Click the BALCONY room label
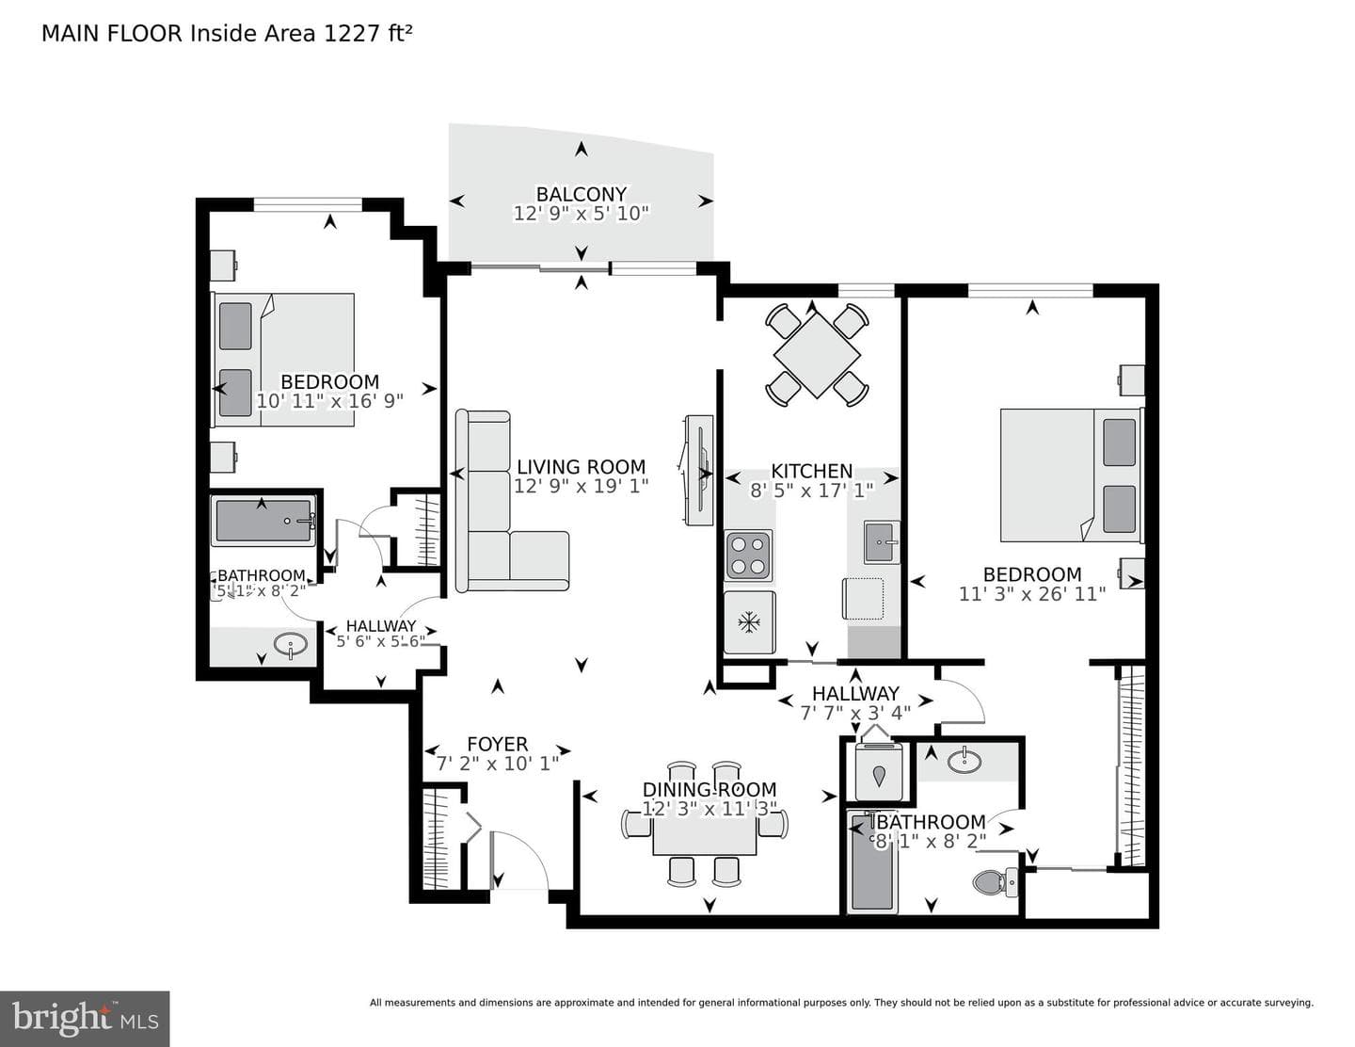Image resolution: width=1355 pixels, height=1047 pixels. pos(582,194)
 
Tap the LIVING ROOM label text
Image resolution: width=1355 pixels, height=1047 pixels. pos(582,467)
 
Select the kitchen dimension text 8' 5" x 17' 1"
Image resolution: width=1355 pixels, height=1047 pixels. pos(812,491)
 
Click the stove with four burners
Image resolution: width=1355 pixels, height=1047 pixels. pos(748,556)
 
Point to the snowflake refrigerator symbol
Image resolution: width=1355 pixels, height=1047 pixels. pos(748,621)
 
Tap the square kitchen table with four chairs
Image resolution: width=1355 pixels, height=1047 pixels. pos(817,355)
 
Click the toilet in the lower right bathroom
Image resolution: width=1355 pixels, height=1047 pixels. pos(996,881)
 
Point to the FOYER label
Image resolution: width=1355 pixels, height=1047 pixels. pos(498,744)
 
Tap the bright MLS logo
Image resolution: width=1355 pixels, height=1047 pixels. pos(85,1019)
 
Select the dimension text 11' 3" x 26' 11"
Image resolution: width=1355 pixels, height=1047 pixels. pos(1032,593)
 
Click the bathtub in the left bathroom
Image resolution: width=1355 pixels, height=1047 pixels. pos(263,521)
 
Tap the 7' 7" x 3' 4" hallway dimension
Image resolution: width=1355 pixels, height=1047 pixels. pos(855,713)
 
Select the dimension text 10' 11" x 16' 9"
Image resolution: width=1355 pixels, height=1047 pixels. pos(330,400)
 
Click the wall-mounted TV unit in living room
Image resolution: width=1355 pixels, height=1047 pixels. pos(698,471)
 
